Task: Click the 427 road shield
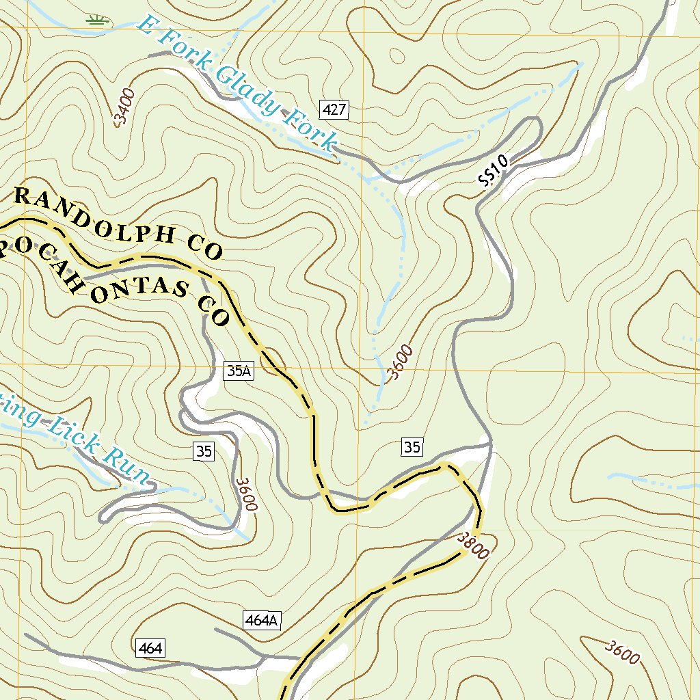point(334,109)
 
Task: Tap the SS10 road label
point(493,170)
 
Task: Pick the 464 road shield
point(150,648)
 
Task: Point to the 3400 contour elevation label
point(125,107)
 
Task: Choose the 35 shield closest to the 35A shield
point(204,450)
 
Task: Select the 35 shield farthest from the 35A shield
point(412,448)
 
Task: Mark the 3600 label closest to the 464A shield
point(246,494)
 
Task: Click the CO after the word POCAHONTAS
point(213,309)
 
